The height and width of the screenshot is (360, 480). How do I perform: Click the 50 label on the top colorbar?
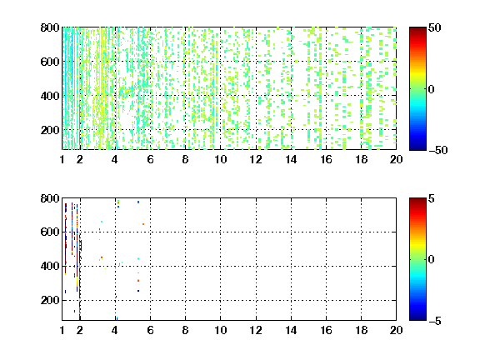435,27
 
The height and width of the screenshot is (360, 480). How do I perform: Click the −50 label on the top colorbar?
438,150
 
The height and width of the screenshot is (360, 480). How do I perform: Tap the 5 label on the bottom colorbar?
432,198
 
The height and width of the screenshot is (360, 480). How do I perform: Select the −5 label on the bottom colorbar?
435,321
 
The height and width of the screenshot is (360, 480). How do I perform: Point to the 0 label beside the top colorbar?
431,89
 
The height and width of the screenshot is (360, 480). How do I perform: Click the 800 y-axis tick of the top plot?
50,27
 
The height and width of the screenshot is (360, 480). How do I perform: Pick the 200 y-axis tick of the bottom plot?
50,300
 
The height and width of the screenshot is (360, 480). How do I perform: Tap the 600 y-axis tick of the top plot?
50,62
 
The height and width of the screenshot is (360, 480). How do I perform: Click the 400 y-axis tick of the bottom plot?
50,266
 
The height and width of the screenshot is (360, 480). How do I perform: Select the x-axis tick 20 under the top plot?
396,159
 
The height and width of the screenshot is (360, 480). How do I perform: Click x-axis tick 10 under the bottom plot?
220,330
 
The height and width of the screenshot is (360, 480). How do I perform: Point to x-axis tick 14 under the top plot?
291,159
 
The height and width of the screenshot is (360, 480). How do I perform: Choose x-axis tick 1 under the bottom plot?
62,330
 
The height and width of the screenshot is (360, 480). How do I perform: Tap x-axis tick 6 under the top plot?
150,159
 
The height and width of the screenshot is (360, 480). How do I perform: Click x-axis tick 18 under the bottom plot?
361,330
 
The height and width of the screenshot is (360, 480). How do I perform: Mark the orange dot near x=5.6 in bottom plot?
143,224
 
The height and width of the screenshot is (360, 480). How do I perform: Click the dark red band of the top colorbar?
417,30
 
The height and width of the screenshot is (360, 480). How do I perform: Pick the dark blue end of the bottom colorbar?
417,317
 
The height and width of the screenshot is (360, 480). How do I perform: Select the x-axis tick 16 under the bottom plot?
327,330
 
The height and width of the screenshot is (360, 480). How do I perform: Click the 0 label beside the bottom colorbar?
431,259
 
